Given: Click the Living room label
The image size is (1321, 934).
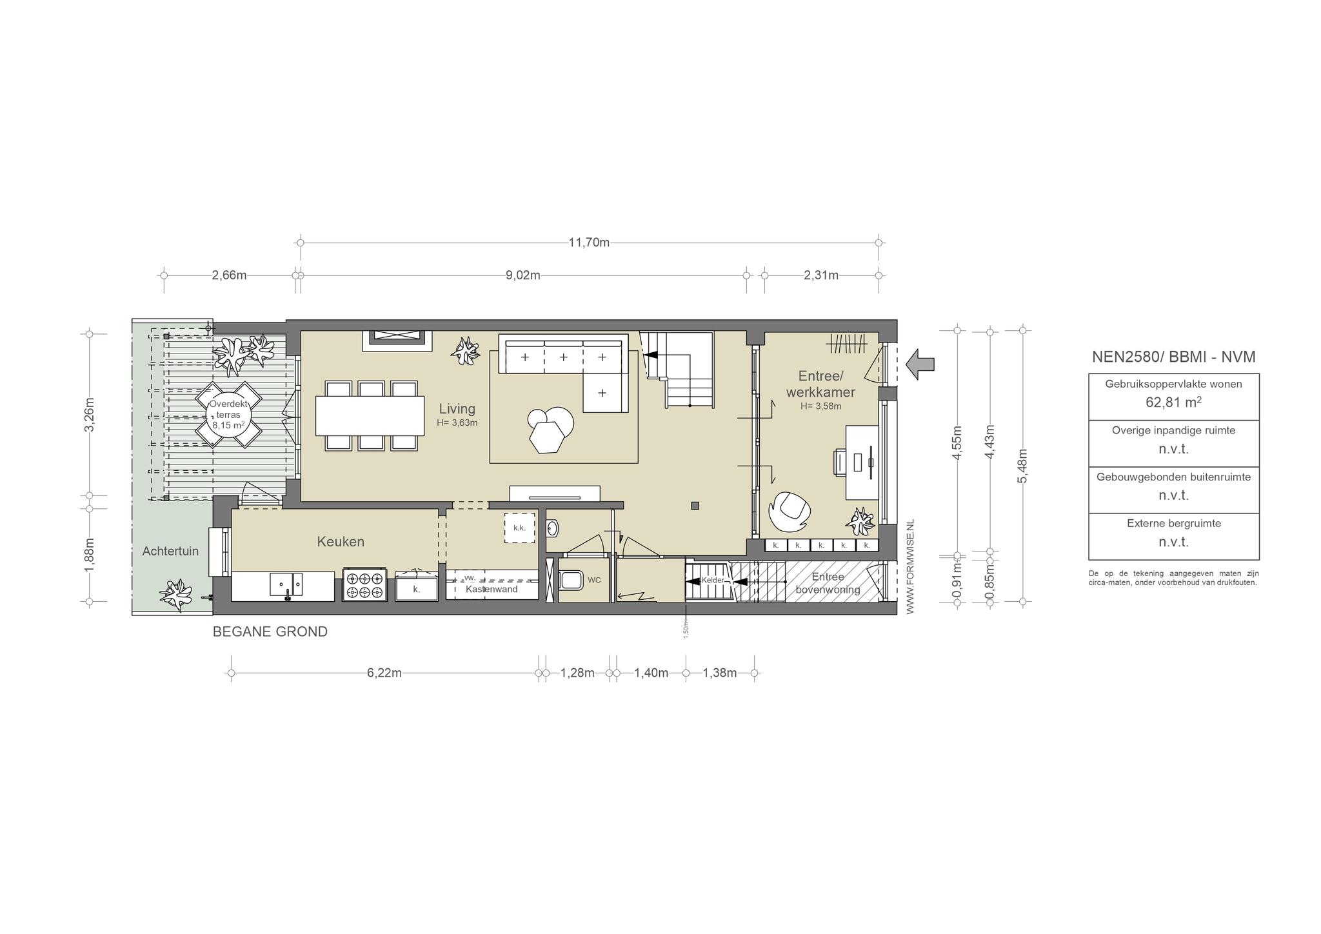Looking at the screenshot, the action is (x=457, y=408).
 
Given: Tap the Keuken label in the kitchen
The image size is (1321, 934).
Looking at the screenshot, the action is (x=341, y=542).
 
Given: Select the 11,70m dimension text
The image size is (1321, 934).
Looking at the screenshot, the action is (x=589, y=243).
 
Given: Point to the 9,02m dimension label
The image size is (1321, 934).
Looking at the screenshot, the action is (x=522, y=275).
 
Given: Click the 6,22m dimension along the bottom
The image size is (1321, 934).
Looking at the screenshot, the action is (x=384, y=673).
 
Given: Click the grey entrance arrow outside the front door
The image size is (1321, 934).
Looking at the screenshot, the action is (x=920, y=364).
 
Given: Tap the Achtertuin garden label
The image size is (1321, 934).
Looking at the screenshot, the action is (x=170, y=551).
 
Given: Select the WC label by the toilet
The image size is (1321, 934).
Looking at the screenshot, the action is (x=594, y=580).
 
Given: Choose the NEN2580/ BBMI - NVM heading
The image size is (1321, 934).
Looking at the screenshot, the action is (x=1173, y=357).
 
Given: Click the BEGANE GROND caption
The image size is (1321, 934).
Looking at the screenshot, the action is (x=270, y=631).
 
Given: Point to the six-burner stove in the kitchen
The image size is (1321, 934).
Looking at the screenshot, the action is (x=364, y=584).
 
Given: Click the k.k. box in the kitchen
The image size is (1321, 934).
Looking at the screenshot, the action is (x=520, y=528).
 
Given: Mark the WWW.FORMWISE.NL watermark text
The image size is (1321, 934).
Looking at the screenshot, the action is (x=910, y=566).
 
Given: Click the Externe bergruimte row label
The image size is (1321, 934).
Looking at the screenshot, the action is (x=1174, y=523).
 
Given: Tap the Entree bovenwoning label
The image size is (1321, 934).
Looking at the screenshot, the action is (x=828, y=583).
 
